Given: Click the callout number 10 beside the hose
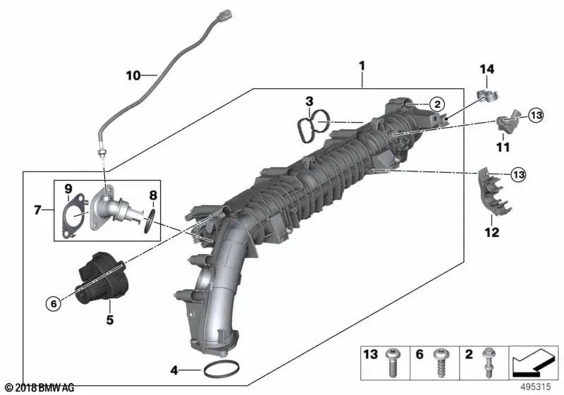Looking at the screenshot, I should pos(133,74).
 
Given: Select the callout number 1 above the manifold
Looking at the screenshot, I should pos(362,68).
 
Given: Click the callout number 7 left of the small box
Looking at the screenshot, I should pos(39,209).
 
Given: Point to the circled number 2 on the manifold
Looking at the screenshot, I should pos(436,104).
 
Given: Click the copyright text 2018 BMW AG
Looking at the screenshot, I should pos(40,387).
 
